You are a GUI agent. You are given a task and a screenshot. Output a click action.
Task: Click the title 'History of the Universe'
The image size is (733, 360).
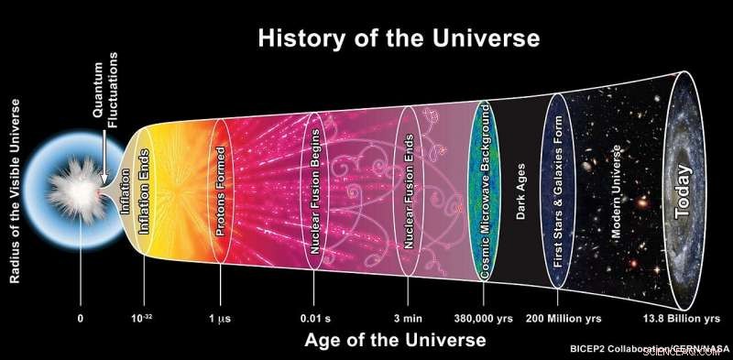click(399, 39)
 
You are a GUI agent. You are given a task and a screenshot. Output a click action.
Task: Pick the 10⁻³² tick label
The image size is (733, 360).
click(142, 319)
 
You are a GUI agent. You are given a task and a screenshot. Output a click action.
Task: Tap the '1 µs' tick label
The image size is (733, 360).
click(220, 319)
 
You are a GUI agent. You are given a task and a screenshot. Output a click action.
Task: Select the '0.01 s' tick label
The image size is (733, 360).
click(316, 319)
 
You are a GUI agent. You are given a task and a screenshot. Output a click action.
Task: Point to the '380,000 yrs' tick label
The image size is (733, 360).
click(484, 319)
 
